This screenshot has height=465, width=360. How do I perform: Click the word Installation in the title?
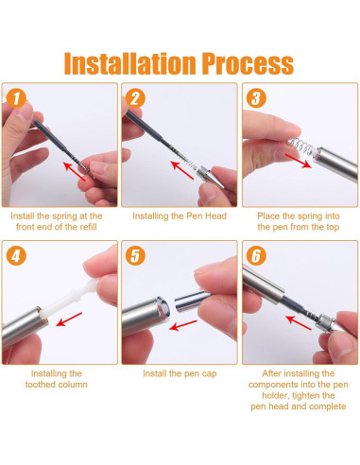coord(129,63)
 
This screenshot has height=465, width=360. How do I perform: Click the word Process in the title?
coord(248,63)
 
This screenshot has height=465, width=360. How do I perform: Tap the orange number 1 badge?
coord(16,98)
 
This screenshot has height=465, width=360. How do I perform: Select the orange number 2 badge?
coord(135,98)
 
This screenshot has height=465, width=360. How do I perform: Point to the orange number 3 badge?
coord(256,98)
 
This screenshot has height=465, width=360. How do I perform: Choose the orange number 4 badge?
coord(16,255)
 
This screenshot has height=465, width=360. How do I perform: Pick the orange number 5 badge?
coord(135,255)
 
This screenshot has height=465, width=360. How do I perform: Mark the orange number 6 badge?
coord(256,255)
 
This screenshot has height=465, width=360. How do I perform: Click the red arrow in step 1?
coord(75,171)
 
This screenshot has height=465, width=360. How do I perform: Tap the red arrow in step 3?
coord(299,161)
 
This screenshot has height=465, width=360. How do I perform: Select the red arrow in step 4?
coord(69,319)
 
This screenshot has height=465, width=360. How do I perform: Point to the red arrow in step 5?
coord(183,326)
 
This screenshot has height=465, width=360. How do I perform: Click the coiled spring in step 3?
coord(300,146)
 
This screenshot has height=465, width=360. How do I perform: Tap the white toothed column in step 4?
coord(72,297)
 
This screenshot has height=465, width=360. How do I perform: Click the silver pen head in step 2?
coord(210,177)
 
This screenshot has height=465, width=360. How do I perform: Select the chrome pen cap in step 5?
coord(192,301)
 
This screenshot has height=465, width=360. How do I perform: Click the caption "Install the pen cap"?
coord(180,373)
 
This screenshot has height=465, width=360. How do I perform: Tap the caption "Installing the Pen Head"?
coord(180,216)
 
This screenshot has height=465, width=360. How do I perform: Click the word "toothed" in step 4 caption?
coord(41,385)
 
